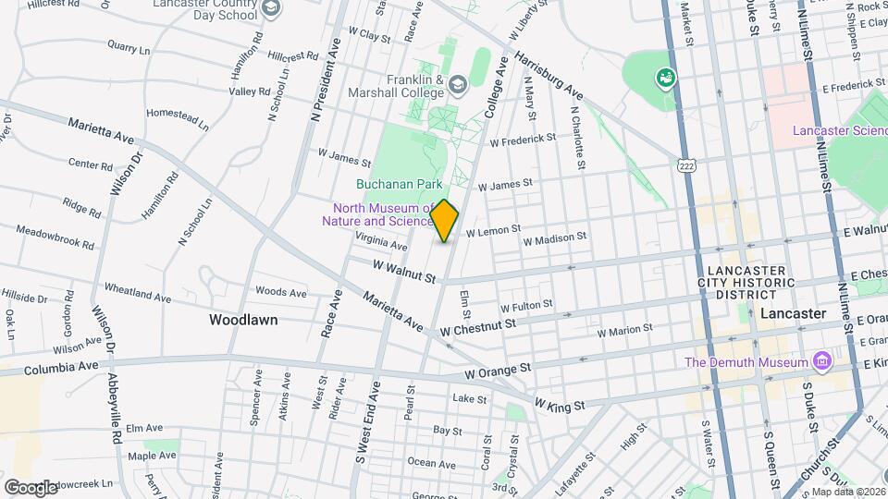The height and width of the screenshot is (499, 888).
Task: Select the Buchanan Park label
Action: click(x=400, y=184)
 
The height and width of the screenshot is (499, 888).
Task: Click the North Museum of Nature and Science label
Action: click(x=376, y=214)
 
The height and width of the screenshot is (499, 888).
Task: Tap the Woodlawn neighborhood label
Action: click(x=243, y=320)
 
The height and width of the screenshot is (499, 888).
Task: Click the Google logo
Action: click(x=31, y=487)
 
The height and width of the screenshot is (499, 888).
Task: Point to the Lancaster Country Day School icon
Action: click(x=271, y=9)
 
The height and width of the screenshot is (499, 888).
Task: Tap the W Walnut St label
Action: click(x=404, y=270)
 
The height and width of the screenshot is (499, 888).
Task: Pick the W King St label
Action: click(x=560, y=406)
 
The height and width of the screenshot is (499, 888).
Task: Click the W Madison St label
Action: click(x=555, y=238)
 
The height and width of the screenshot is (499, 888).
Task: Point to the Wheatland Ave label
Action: click(x=138, y=293)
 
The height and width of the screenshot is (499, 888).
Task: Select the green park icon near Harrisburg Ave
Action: click(x=664, y=78)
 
